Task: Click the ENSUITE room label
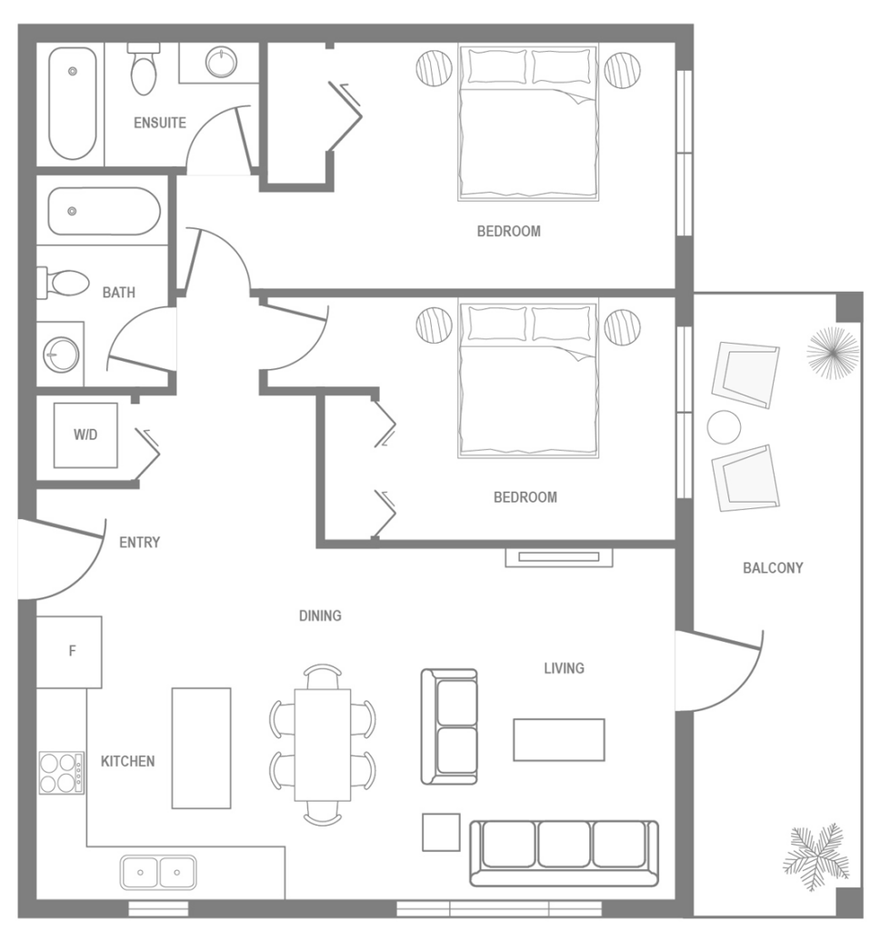click(x=160, y=123)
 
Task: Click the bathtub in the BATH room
click(x=103, y=211)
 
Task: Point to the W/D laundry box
click(x=85, y=435)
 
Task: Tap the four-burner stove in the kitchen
click(x=61, y=773)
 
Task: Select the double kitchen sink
click(x=159, y=872)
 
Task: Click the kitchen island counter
click(x=201, y=747)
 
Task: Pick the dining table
click(x=323, y=745)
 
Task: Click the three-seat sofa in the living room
click(x=564, y=852)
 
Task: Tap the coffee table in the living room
click(x=558, y=739)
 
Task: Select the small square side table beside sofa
click(x=441, y=832)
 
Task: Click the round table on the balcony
click(x=725, y=426)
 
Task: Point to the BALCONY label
click(x=773, y=568)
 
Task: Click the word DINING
click(x=320, y=616)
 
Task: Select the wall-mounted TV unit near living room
click(x=558, y=556)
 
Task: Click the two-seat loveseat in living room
click(x=449, y=726)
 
